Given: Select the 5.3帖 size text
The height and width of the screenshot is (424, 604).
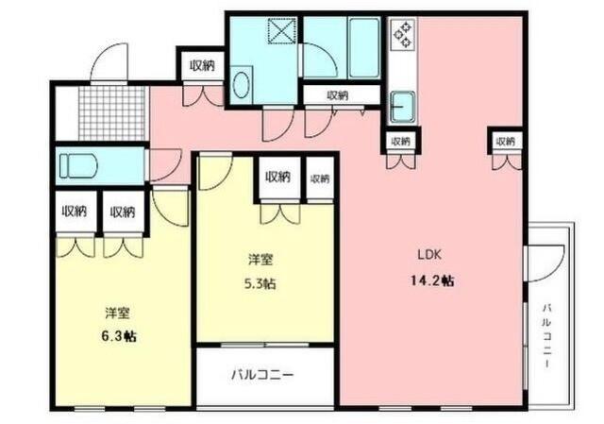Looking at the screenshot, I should click(x=262, y=283).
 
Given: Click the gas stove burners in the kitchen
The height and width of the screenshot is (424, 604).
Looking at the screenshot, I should click(x=404, y=35).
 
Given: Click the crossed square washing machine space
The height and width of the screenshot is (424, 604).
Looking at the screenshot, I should click(x=282, y=30).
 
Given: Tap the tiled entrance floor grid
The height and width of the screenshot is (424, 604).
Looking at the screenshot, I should click(x=112, y=111).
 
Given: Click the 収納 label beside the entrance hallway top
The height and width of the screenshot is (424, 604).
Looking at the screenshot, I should click(x=201, y=65).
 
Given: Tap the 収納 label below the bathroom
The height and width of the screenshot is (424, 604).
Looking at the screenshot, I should click(x=337, y=94).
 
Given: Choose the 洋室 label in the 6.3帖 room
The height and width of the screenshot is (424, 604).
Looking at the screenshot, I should click(x=117, y=313).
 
